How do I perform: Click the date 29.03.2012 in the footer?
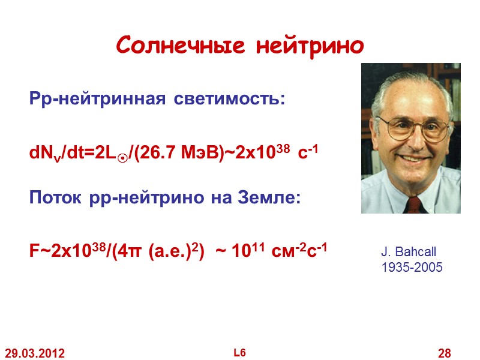click(34, 353)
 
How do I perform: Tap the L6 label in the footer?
click(240, 353)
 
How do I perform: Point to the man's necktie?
click(413, 204)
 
